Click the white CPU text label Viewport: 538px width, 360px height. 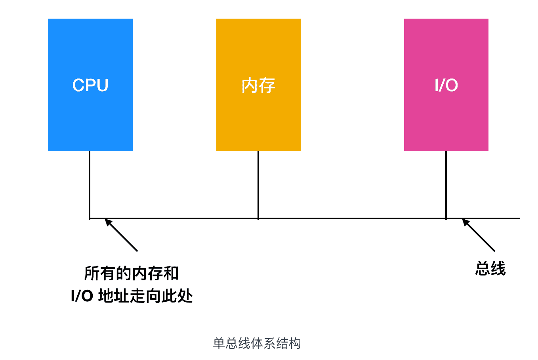click(90, 85)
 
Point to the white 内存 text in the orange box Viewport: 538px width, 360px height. click(258, 85)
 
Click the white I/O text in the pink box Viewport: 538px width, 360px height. click(446, 85)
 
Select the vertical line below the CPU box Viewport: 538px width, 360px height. click(90, 182)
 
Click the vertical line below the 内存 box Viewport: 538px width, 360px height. click(258, 182)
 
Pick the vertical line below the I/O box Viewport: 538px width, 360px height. click(446, 182)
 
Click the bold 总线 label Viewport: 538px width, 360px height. click(490, 268)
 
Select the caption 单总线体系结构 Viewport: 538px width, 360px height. click(257, 343)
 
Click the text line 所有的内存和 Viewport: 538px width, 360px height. click(132, 273)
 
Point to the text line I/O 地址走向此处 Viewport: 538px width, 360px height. click(132, 296)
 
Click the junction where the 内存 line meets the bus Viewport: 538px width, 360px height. click(258, 218)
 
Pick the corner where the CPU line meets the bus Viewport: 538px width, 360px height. click(90, 218)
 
